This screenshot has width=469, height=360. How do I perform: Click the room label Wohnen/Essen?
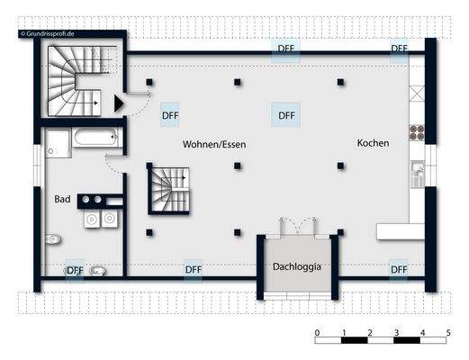pos(214,144)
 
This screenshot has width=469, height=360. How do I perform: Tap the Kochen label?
pos(373,143)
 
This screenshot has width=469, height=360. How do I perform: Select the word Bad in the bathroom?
pos(62,198)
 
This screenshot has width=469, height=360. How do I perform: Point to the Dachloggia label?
pos(297,266)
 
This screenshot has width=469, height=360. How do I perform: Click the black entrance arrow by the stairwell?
pos(118,104)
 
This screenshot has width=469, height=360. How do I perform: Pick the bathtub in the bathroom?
pos(95,139)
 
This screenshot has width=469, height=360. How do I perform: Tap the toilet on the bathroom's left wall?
pos(55,239)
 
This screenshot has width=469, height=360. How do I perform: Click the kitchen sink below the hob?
pos(417,169)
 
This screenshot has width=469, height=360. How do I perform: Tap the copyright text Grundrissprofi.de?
pos(50,34)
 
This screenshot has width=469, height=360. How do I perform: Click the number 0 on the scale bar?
pos(317,333)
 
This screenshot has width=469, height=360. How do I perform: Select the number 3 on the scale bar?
pos(396,333)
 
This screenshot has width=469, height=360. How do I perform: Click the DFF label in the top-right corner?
pos(398,49)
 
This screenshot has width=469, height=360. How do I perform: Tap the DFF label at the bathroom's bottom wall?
pos(75,269)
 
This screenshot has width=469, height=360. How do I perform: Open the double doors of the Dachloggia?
pos(297,225)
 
